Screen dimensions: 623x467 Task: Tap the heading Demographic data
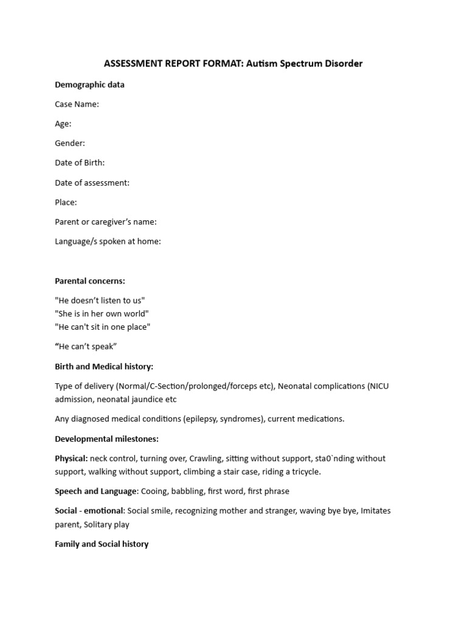89,85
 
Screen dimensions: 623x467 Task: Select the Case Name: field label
77,104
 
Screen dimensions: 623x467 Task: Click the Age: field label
63,124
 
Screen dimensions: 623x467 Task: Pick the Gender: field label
70,143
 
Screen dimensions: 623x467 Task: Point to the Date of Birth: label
80,162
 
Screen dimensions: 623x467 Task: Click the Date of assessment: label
92,183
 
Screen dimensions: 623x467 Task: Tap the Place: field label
66,202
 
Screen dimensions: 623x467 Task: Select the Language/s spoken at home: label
108,241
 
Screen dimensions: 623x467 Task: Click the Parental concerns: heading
90,280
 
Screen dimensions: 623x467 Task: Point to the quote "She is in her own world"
102,313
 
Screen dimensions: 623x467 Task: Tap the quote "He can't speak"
86,346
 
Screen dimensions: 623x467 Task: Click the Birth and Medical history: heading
104,366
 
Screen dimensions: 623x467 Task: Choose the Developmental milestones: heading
106,439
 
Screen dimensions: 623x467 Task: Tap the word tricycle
303,472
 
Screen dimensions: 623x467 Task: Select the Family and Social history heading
102,543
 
